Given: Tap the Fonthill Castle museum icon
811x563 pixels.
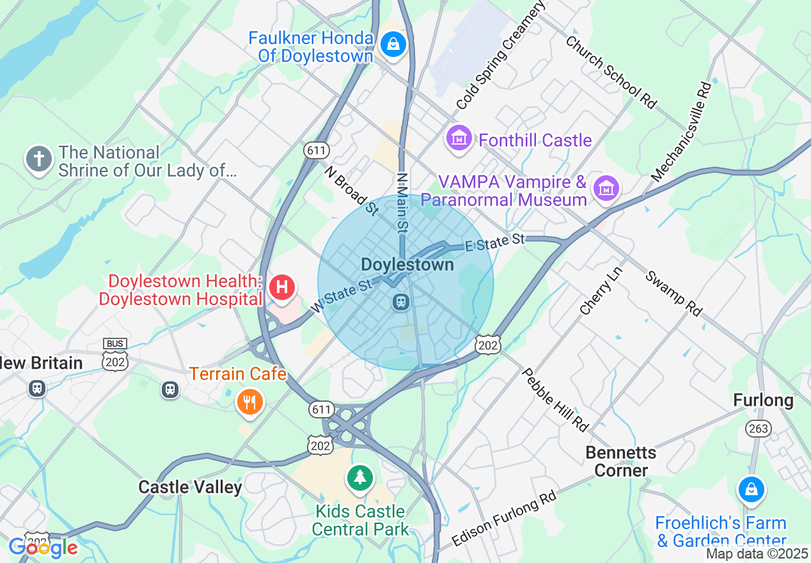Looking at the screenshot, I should [459, 139].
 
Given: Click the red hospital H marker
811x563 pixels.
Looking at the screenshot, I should [282, 287].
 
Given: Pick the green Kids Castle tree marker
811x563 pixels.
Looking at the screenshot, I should [361, 477].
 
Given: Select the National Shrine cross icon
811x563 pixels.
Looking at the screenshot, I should [38, 158].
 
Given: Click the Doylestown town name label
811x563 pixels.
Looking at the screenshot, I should [407, 264].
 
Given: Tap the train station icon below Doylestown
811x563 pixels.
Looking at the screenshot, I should [401, 301].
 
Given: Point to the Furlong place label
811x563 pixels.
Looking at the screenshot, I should [763, 400].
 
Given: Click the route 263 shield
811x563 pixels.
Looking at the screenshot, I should [759, 428].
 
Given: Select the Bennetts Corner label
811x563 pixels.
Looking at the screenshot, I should [620, 461].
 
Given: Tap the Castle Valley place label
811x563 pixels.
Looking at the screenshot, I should [191, 488].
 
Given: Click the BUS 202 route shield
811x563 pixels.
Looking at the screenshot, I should [115, 356].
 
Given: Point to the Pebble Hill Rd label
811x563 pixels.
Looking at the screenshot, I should [555, 399].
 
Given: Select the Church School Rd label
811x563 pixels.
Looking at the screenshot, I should [611, 72].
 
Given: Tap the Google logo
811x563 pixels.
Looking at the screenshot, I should [43, 548].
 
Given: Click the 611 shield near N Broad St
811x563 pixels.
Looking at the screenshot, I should [317, 151].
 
